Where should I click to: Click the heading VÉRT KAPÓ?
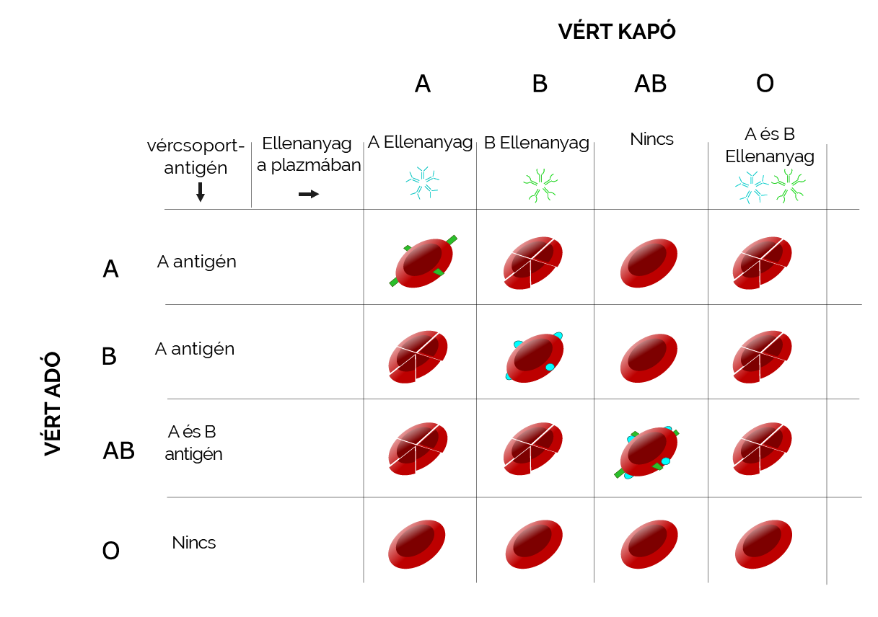click(x=617, y=32)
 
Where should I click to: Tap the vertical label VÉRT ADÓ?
click(x=52, y=404)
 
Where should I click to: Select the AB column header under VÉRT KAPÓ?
click(x=650, y=84)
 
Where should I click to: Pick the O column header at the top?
click(x=765, y=84)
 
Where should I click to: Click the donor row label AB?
click(x=119, y=450)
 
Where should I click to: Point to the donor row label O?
click(x=110, y=551)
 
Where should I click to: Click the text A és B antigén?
click(x=193, y=443)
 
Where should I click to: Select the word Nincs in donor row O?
click(x=194, y=542)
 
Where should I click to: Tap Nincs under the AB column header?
click(x=651, y=139)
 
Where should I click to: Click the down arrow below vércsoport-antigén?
click(x=201, y=192)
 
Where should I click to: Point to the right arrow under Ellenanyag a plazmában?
click(x=309, y=194)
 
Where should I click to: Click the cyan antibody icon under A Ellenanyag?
click(x=421, y=183)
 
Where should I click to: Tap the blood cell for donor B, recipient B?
click(x=535, y=356)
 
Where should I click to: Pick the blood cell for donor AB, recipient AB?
click(x=648, y=453)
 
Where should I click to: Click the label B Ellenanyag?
click(x=536, y=143)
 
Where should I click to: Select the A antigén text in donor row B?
click(x=195, y=349)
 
